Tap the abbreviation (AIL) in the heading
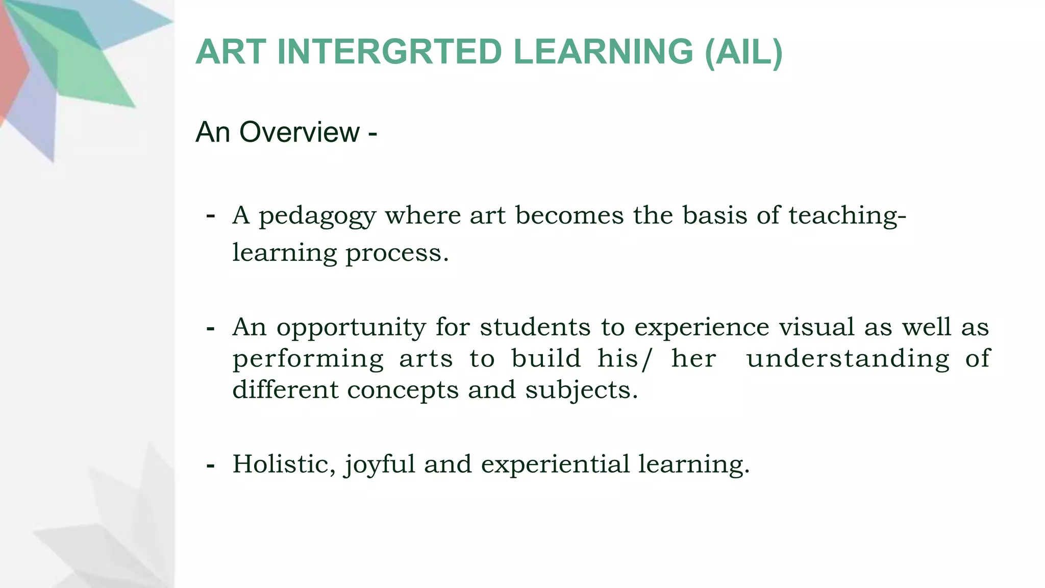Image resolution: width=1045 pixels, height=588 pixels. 743,52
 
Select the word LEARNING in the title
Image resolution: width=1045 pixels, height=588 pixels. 603,52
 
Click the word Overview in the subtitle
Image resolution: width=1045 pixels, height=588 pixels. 300,132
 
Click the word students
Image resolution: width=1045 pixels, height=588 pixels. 535,327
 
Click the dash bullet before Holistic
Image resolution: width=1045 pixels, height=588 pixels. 210,465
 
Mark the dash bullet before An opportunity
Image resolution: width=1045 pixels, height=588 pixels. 210,328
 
